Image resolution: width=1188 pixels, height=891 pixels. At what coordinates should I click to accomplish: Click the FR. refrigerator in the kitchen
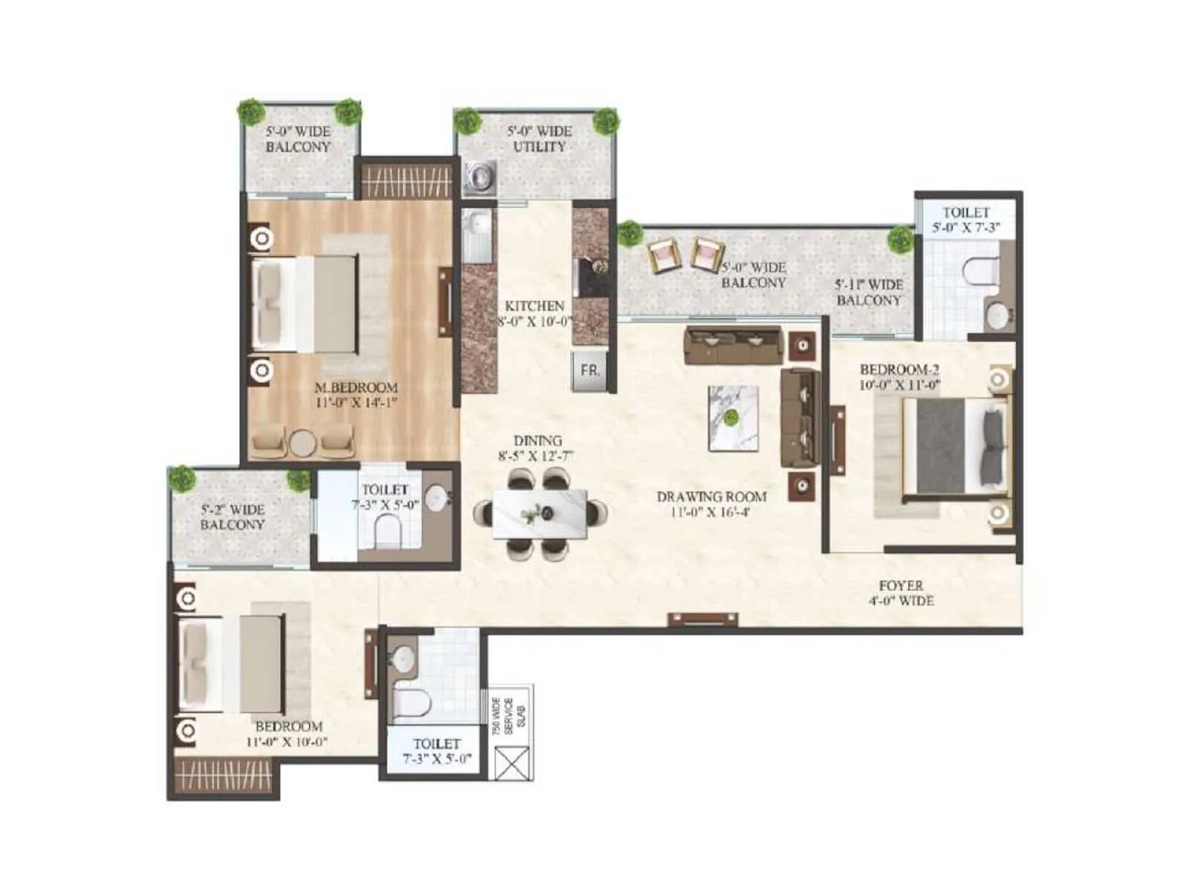(590, 371)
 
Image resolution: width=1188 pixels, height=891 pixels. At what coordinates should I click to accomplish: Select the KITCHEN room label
(534, 306)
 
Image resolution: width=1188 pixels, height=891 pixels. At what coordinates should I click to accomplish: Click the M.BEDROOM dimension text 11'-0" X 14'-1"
(356, 403)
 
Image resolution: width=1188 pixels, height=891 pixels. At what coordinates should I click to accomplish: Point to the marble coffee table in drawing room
(734, 418)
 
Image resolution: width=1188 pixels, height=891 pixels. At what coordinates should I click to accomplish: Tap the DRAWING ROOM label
(711, 496)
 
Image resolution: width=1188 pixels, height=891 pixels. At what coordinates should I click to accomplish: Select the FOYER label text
(901, 586)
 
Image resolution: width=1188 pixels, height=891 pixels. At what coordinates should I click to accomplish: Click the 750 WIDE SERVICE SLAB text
(509, 716)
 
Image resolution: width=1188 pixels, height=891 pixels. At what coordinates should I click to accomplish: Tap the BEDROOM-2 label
(899, 369)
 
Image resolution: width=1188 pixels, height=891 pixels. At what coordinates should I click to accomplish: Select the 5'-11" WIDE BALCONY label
(868, 293)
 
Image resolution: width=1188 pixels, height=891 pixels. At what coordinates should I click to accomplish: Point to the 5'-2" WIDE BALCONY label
(232, 517)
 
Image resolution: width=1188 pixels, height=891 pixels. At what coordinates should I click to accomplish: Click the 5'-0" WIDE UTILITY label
(539, 139)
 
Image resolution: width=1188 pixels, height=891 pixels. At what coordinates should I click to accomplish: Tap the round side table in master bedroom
(303, 443)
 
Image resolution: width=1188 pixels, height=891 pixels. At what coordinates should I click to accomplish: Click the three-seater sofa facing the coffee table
(733, 345)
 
